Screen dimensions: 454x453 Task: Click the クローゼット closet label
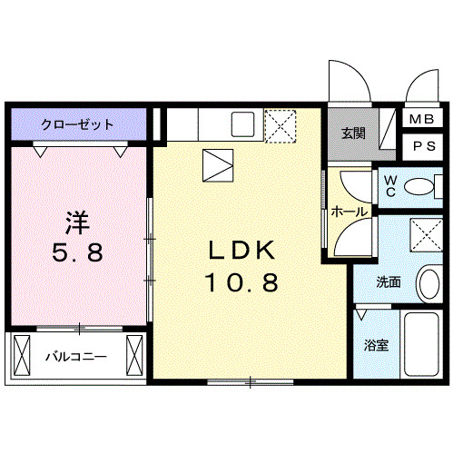coord(76,124)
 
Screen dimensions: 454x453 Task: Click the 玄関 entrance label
coord(354,133)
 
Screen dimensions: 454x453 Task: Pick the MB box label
coord(420,120)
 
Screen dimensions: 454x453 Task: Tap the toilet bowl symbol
coord(420,186)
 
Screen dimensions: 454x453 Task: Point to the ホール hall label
coord(349,212)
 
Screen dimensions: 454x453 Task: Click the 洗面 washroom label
coord(389,281)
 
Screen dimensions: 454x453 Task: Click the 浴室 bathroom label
coord(377,346)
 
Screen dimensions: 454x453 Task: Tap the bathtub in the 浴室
coord(421,346)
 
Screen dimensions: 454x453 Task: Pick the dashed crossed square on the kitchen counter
coord(281,124)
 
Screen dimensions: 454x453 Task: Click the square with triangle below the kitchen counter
coord(219,165)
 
